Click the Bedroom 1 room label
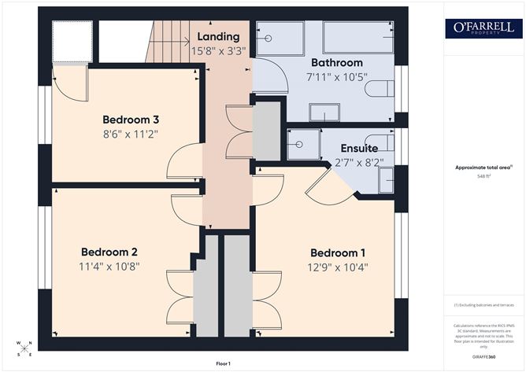[338, 252]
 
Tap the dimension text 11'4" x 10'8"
[109, 266]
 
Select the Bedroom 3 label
[131, 120]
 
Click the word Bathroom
[336, 62]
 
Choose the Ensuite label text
[359, 148]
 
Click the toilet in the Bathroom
[380, 87]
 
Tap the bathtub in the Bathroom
[358, 38]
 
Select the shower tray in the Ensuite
[300, 144]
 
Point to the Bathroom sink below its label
[324, 112]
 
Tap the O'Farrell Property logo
[483, 28]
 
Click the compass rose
[24, 348]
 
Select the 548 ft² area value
[483, 177]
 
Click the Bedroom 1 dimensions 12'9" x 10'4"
[338, 267]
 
